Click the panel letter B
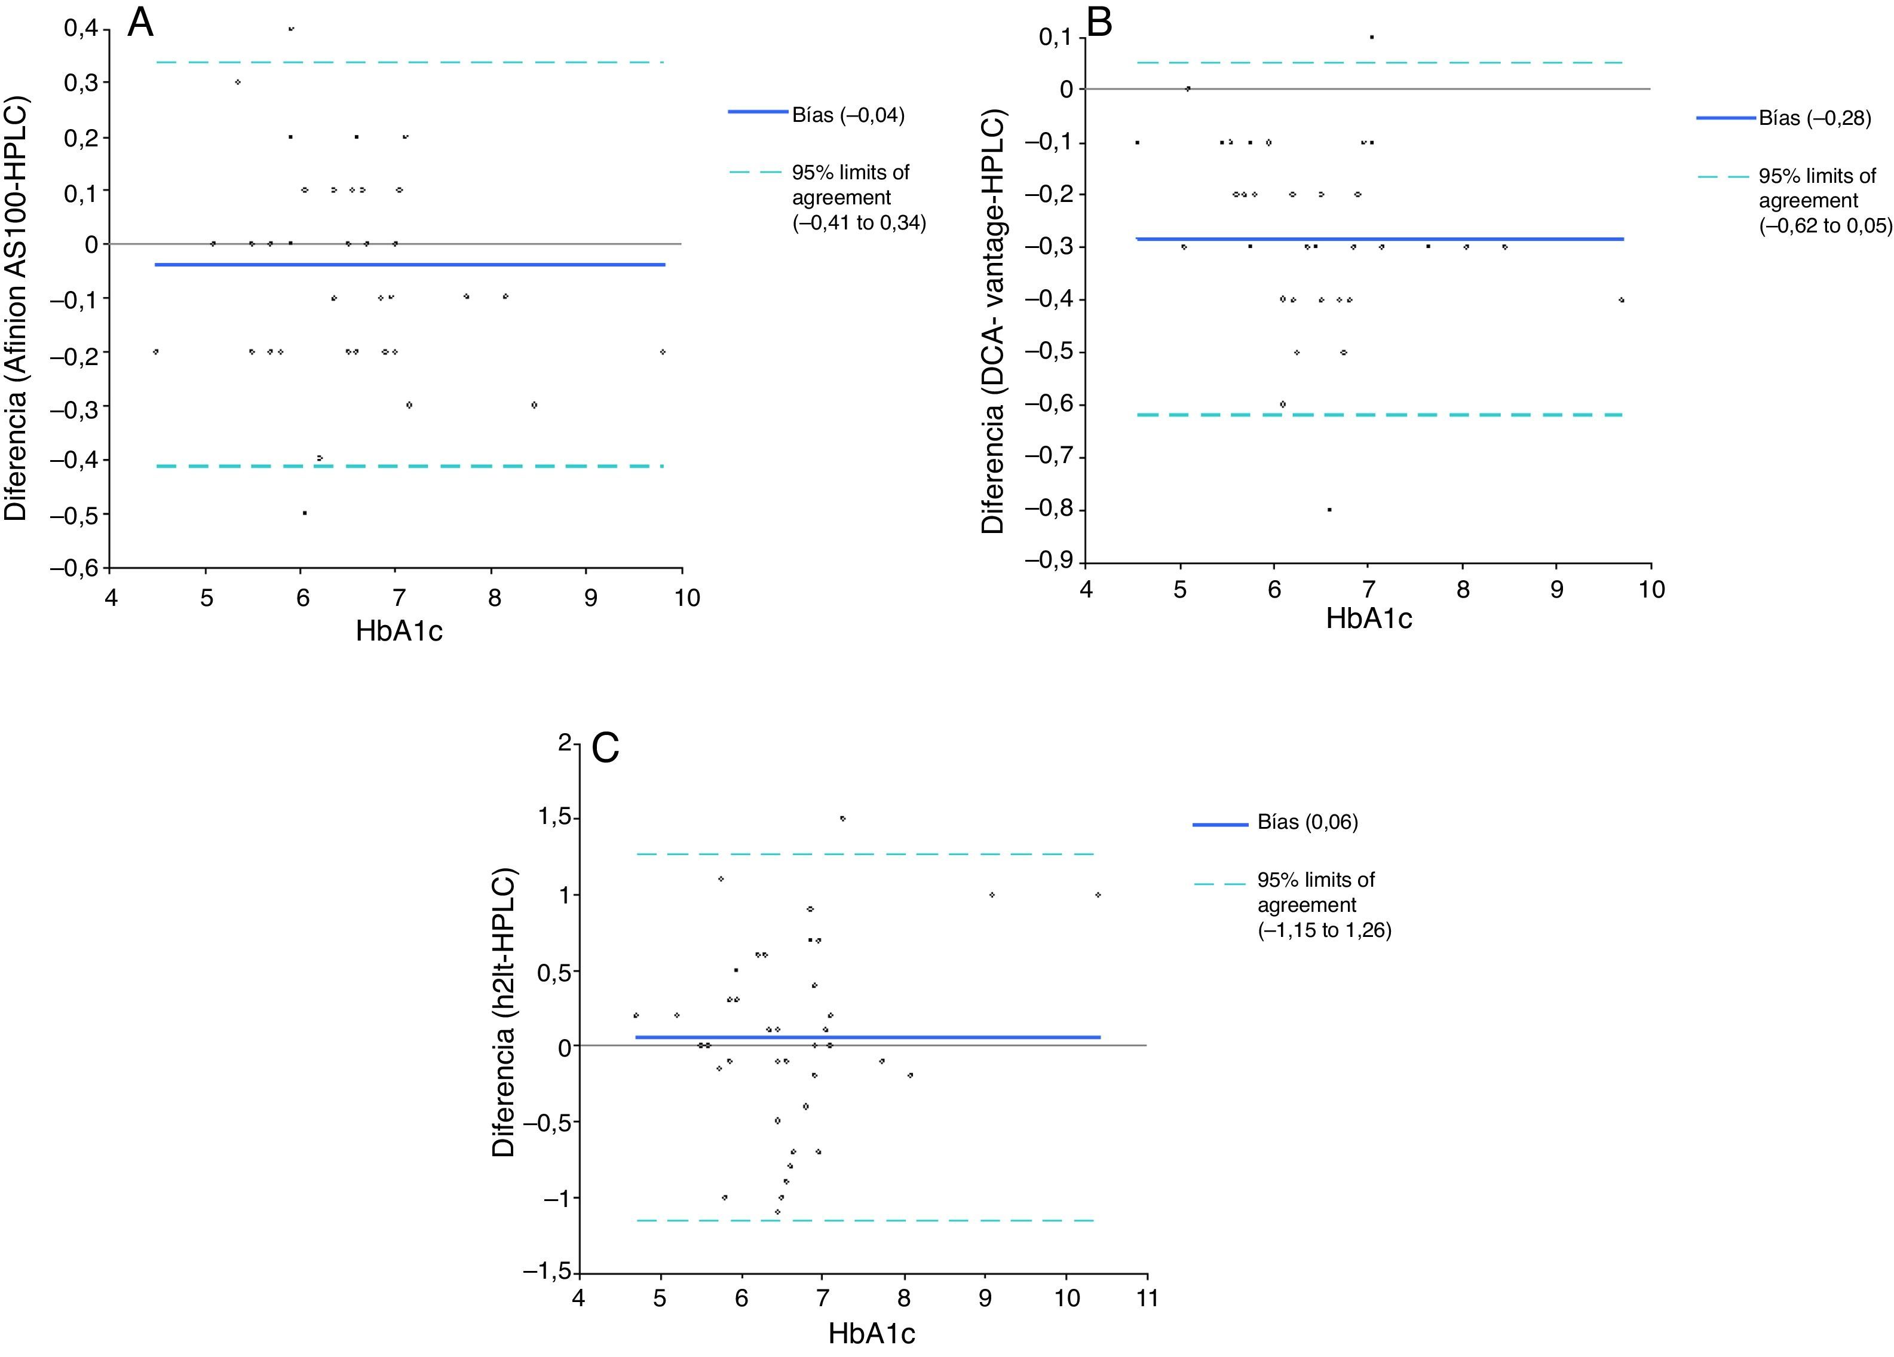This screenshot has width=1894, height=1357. [x=1099, y=23]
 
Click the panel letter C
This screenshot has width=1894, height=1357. [x=605, y=748]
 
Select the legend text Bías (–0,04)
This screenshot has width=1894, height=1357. [x=848, y=115]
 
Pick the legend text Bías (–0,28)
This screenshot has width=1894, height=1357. [x=1815, y=118]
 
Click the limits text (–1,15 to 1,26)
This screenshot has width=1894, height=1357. [x=1325, y=930]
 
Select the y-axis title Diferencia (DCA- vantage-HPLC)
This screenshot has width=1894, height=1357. [x=993, y=322]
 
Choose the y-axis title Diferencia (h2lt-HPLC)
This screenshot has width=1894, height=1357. [x=504, y=1013]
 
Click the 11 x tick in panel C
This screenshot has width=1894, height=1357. [x=1147, y=1300]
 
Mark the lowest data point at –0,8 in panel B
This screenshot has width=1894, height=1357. [x=1329, y=509]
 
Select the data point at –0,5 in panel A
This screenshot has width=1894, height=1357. [x=305, y=513]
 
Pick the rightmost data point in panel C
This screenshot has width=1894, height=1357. [x=1098, y=895]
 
